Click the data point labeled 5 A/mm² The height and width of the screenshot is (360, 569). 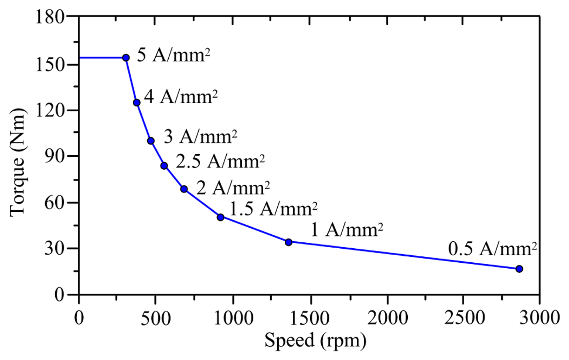point(126,58)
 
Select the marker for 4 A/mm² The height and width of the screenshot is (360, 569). point(137,103)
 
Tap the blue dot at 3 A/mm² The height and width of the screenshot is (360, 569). point(151,141)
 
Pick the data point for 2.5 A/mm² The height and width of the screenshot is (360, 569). point(164,166)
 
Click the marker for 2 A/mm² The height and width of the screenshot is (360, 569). point(184,189)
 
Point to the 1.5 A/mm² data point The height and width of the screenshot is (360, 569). point(220,217)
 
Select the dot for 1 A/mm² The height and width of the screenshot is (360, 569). point(289,242)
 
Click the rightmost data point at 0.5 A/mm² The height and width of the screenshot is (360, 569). point(519,269)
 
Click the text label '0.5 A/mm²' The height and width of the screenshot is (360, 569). point(492,249)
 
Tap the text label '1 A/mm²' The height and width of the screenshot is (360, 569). point(347,230)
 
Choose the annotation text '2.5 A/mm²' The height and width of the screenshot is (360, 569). point(220,162)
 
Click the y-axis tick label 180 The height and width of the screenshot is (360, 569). point(50,17)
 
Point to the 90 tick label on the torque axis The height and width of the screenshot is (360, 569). point(54,156)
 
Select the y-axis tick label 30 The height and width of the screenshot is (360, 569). point(54,249)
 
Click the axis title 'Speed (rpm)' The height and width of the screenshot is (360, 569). point(315,340)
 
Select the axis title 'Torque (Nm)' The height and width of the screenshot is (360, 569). point(18,162)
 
